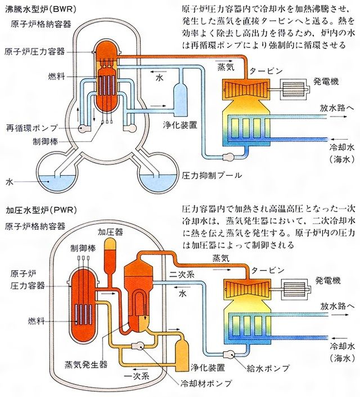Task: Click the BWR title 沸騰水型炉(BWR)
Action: click(x=40, y=9)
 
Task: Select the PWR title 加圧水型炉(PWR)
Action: click(x=40, y=210)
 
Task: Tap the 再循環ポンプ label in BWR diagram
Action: click(x=32, y=128)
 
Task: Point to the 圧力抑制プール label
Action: click(x=211, y=175)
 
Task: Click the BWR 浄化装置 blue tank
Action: click(x=181, y=99)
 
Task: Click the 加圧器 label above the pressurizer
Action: click(x=110, y=232)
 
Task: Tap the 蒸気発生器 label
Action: click(x=86, y=364)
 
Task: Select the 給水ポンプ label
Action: click(x=268, y=368)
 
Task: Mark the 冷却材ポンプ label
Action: click(x=205, y=383)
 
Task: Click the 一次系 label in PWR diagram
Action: click(x=137, y=376)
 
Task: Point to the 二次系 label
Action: click(x=182, y=275)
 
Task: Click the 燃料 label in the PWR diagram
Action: click(x=36, y=321)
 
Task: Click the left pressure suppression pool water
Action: click(x=57, y=182)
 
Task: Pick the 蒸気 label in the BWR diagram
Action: click(x=226, y=67)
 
